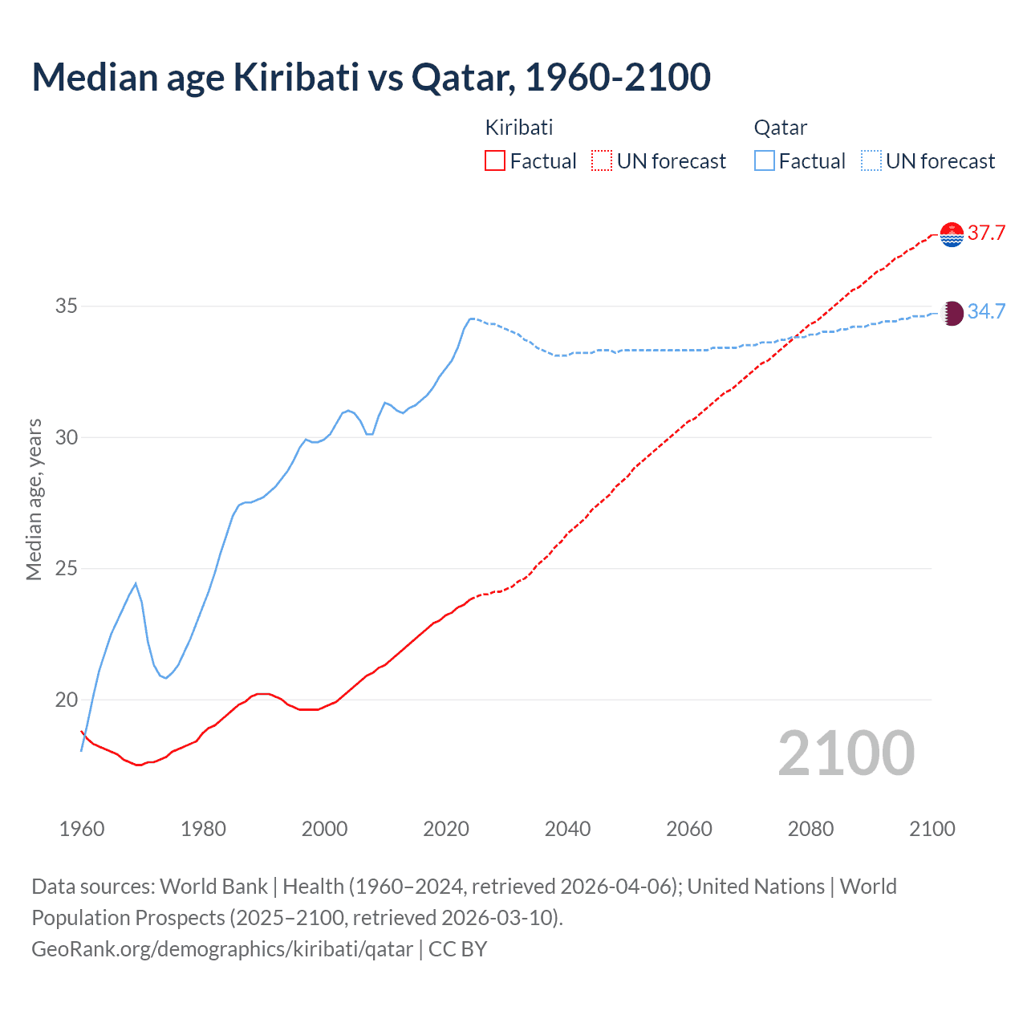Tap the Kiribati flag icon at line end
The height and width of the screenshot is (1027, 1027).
tap(952, 233)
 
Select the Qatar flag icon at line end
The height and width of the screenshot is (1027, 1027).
tap(952, 313)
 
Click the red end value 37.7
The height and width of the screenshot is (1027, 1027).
tap(986, 233)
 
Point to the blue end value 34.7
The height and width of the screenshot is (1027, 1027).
tap(986, 312)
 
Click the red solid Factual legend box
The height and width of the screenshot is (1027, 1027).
tap(495, 161)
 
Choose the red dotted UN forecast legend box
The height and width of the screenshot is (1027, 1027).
tap(602, 161)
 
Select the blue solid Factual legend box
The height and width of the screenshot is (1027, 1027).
tap(765, 161)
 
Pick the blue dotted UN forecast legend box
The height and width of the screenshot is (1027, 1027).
tap(871, 161)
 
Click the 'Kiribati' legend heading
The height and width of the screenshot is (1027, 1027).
tap(519, 128)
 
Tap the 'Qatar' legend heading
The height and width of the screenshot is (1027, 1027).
tap(780, 128)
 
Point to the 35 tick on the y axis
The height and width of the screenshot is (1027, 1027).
tap(67, 306)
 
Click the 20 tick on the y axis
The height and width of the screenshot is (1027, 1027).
tap(67, 700)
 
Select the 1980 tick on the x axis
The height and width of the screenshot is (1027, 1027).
tap(203, 829)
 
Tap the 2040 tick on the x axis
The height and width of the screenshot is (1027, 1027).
tap(567, 829)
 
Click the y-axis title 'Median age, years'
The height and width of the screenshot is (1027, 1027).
tap(34, 499)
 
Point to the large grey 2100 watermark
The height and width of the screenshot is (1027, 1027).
tap(846, 753)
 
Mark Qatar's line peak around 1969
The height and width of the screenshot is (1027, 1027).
tap(136, 583)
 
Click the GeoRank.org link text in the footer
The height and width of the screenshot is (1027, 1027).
tap(222, 949)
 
